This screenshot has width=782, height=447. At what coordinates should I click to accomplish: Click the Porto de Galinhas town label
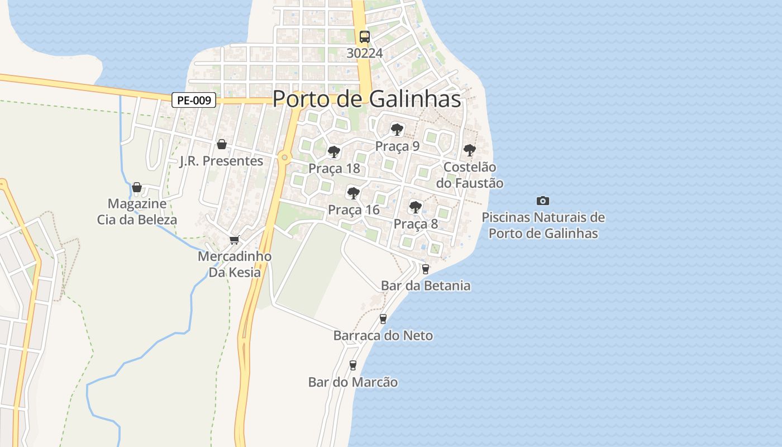point(367,99)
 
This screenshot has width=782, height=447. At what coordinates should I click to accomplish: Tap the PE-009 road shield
point(193,101)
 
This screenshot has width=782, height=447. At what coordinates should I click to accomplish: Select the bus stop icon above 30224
point(365,37)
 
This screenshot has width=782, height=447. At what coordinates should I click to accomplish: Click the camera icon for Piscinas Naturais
point(542,201)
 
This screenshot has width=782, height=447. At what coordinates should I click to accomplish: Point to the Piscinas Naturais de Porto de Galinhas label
point(543,225)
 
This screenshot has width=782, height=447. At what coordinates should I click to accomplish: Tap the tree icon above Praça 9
point(397,130)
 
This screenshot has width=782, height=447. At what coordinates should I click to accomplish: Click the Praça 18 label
point(334,169)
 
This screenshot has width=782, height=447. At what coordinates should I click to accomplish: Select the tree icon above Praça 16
point(353,193)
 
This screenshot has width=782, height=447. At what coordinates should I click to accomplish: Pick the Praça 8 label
point(416,224)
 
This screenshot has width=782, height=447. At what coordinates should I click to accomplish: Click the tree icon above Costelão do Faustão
point(469,150)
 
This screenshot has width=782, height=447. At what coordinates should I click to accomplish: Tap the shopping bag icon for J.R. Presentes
point(222,144)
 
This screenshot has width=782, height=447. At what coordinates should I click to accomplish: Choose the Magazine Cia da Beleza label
point(137,211)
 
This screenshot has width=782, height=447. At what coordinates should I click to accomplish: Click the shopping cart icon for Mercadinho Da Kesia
point(235,240)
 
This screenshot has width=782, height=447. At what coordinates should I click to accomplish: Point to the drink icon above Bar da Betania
point(426,269)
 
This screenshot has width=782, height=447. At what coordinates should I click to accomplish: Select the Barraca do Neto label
point(383,336)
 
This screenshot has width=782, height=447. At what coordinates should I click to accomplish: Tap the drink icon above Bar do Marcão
point(352,365)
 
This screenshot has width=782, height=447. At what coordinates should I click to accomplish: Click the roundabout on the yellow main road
point(285,158)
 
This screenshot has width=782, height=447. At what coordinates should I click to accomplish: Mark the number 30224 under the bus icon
point(365,53)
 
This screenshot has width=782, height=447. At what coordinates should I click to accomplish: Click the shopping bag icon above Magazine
point(137,187)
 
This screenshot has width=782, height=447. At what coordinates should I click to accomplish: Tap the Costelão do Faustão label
point(470,175)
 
